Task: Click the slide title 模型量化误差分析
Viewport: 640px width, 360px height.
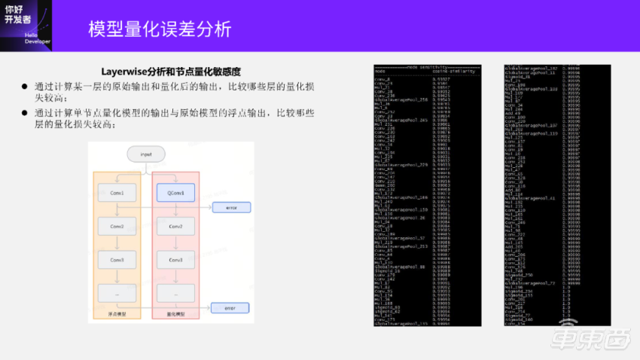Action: pos(159,29)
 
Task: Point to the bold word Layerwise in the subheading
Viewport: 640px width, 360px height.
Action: pos(122,72)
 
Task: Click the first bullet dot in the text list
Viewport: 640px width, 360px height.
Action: pos(25,87)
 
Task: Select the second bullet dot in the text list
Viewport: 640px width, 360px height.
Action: pos(25,113)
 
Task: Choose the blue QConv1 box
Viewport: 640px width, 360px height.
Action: pos(175,194)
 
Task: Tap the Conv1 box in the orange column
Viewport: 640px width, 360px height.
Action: pos(117,194)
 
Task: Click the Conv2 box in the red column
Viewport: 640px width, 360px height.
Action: pos(175,227)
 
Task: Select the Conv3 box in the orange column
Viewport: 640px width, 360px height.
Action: pos(117,260)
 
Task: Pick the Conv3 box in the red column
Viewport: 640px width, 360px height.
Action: pos(175,260)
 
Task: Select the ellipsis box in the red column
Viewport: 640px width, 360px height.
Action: pos(175,293)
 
